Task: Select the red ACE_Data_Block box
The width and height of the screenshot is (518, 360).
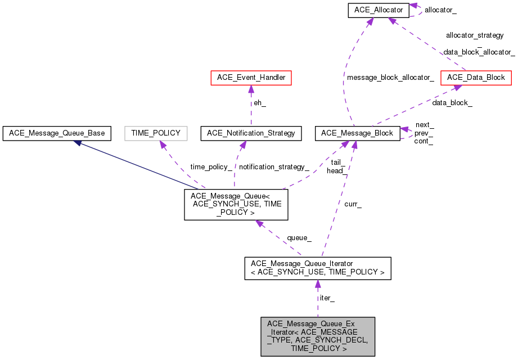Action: click(x=476, y=78)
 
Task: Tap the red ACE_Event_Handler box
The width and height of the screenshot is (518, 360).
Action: click(x=250, y=78)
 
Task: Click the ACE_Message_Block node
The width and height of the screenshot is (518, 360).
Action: click(x=358, y=133)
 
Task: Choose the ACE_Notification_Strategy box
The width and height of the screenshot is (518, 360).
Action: click(x=251, y=133)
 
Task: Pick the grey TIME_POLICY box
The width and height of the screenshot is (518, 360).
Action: click(x=156, y=133)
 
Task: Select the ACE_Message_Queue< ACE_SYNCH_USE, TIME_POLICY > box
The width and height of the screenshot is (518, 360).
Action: click(x=236, y=204)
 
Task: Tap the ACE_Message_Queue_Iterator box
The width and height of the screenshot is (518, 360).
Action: click(x=317, y=268)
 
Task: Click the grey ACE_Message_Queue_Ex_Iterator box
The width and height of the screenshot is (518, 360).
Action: click(x=318, y=336)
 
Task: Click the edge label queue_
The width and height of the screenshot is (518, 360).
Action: click(x=299, y=238)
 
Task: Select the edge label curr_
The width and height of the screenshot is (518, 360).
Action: click(x=353, y=205)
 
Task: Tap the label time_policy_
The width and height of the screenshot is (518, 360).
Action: click(x=211, y=167)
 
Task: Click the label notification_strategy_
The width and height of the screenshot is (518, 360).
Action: click(x=274, y=167)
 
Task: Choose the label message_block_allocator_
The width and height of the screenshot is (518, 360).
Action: click(x=390, y=78)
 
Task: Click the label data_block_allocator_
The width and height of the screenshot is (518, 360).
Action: click(x=479, y=52)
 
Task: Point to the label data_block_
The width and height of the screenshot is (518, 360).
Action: click(x=452, y=103)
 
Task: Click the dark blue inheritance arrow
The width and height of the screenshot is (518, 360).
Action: click(x=135, y=164)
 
